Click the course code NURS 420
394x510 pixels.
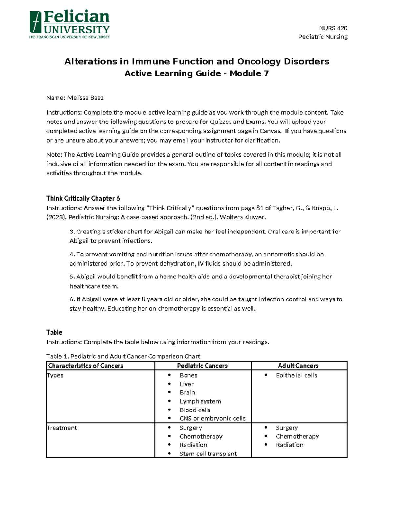click(x=333, y=28)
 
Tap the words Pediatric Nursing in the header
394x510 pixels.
click(x=323, y=37)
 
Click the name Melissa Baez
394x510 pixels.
click(x=85, y=98)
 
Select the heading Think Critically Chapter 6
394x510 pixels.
click(x=83, y=198)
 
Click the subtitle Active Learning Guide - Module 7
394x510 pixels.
click(x=196, y=73)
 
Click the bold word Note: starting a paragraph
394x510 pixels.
click(x=54, y=155)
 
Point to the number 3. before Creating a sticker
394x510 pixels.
click(x=72, y=232)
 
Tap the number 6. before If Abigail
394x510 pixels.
click(x=72, y=299)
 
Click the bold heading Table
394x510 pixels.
click(x=54, y=332)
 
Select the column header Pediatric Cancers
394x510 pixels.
click(x=202, y=366)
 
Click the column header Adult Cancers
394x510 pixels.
click(x=298, y=366)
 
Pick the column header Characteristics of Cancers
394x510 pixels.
click(x=86, y=366)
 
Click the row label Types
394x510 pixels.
click(x=55, y=375)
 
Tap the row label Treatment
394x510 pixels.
click(x=62, y=428)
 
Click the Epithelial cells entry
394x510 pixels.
click(x=296, y=375)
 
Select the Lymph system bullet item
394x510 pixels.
click(x=200, y=401)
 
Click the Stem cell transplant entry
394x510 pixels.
click(x=208, y=454)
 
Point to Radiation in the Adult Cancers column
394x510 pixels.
click(x=290, y=445)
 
